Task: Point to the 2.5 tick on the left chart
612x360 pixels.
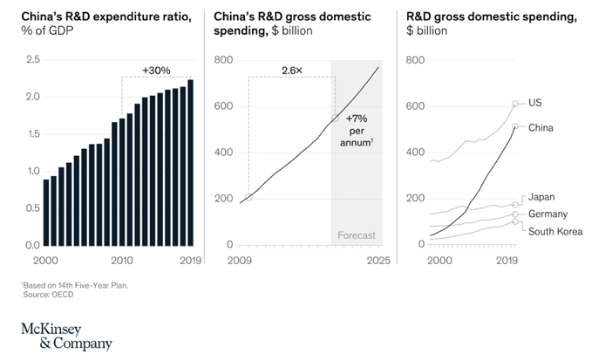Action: (x=32, y=59)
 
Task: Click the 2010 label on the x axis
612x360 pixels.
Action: (x=121, y=260)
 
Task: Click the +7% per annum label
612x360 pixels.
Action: (x=360, y=130)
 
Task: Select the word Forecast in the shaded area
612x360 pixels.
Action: (x=357, y=235)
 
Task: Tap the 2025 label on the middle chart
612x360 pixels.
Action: (x=378, y=260)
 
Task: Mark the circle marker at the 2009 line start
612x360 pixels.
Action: (x=248, y=197)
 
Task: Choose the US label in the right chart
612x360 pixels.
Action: (x=535, y=103)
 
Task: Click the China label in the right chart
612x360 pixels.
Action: (x=541, y=127)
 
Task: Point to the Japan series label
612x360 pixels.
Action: (x=542, y=197)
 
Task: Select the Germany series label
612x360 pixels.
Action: (x=548, y=214)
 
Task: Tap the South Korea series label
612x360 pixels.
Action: (x=555, y=231)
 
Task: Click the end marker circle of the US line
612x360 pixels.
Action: (x=515, y=104)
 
